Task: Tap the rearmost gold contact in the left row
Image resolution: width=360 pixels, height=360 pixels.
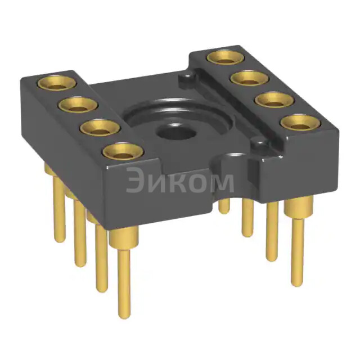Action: click(x=57, y=83)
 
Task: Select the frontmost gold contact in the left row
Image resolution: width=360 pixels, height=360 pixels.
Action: click(x=123, y=152)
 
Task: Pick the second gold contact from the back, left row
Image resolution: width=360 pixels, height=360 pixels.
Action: click(x=78, y=105)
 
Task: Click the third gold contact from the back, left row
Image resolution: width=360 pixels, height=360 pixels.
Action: click(x=100, y=128)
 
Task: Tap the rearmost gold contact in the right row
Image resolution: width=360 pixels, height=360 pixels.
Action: click(x=226, y=57)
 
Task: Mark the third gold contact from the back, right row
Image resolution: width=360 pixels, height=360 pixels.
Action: click(x=274, y=100)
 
